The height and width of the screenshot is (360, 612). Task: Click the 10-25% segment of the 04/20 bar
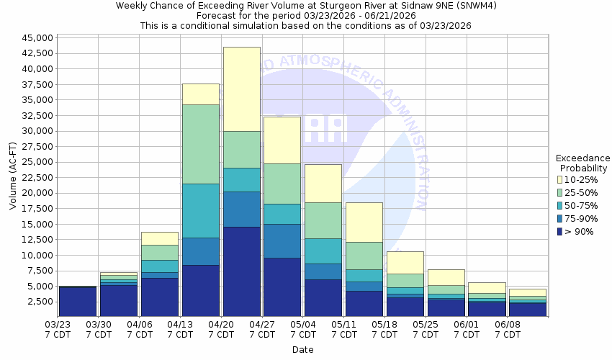pyautogui.click(x=242, y=89)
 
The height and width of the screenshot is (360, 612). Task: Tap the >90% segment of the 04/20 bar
pyautogui.click(x=242, y=271)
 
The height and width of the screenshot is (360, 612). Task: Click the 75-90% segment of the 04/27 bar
pyautogui.click(x=283, y=240)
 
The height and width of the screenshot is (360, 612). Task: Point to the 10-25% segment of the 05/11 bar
pyautogui.click(x=364, y=222)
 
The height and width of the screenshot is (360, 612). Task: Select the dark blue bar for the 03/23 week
pyautogui.click(x=77, y=302)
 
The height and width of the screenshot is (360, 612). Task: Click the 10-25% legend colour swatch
pyautogui.click(x=560, y=179)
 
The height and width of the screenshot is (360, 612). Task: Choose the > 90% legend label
pyautogui.click(x=580, y=232)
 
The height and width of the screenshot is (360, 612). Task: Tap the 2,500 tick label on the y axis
pyautogui.click(x=40, y=301)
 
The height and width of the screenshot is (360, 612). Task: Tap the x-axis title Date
pyautogui.click(x=302, y=349)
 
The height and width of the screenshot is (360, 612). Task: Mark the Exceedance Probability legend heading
pyautogui.click(x=583, y=163)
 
